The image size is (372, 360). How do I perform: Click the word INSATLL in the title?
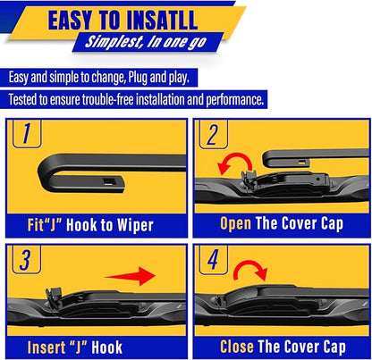(x=175, y=19)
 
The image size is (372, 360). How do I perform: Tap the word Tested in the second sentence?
(x=28, y=99)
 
